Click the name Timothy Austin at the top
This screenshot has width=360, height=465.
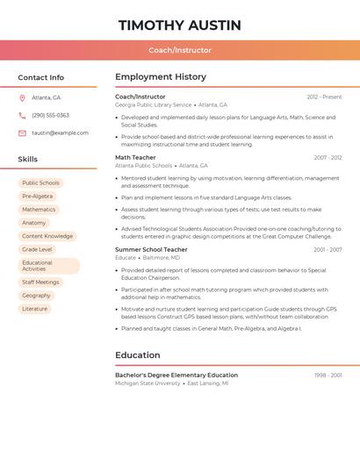pyautogui.click(x=180, y=25)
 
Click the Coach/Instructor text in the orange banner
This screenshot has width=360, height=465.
pyautogui.click(x=180, y=50)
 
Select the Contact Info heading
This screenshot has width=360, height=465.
pyautogui.click(x=40, y=77)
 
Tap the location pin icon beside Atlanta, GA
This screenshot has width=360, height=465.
pyautogui.click(x=22, y=97)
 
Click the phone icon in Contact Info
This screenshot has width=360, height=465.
pyautogui.click(x=22, y=115)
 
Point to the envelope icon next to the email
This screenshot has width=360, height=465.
pyautogui.click(x=22, y=132)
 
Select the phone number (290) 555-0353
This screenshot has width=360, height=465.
pyautogui.click(x=50, y=115)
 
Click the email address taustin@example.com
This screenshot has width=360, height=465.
pyautogui.click(x=60, y=132)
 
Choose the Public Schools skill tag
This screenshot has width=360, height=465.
pyautogui.click(x=40, y=183)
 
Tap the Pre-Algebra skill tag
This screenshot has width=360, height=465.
pyautogui.click(x=37, y=197)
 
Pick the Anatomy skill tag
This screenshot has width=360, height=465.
pyautogui.click(x=34, y=223)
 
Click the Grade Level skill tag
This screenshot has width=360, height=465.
pyautogui.click(x=37, y=249)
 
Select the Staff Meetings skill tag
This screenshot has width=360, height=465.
pyautogui.click(x=40, y=283)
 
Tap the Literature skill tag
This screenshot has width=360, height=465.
pyautogui.click(x=35, y=309)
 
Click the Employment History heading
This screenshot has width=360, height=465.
pyautogui.click(x=161, y=77)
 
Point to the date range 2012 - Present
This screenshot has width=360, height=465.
pyautogui.click(x=324, y=97)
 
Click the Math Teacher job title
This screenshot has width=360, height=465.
pyautogui.click(x=135, y=158)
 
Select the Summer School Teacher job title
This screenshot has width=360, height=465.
pyautogui.click(x=151, y=249)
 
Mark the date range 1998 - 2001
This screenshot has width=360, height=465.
pyautogui.click(x=328, y=376)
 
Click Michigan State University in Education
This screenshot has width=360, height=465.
pyautogui.click(x=148, y=383)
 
